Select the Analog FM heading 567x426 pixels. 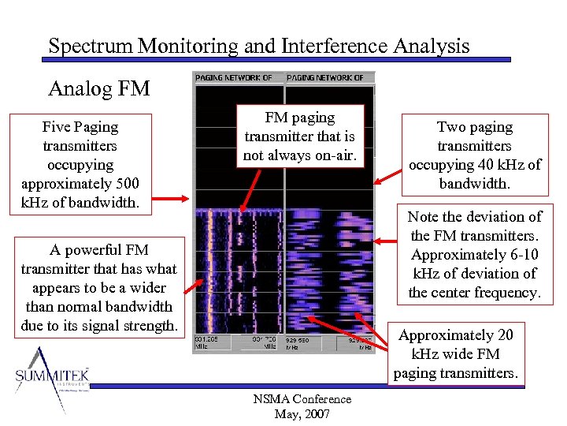coord(99,88)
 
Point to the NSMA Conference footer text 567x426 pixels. coord(303,400)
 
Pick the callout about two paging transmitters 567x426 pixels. coord(474,155)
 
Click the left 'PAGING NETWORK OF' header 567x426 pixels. coord(234,78)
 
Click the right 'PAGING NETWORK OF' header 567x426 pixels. coord(325,78)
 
